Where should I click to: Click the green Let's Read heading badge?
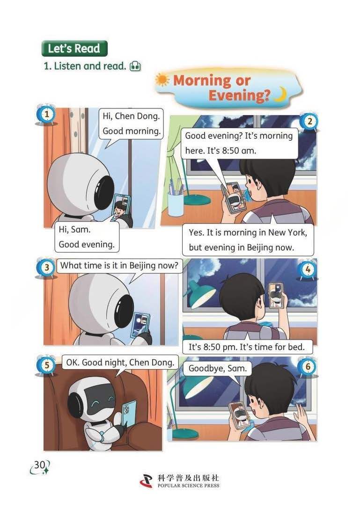[74, 48]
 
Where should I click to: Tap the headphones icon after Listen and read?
[135, 66]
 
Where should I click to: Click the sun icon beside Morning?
[162, 80]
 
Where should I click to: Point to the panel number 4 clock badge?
[308, 269]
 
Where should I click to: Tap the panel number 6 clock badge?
[308, 367]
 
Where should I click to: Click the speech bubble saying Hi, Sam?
[87, 237]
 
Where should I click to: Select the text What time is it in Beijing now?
[119, 266]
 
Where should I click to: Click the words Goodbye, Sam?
[218, 368]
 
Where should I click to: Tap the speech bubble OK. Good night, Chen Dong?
[120, 363]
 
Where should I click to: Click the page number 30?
[40, 465]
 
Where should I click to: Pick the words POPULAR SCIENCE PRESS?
[189, 486]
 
